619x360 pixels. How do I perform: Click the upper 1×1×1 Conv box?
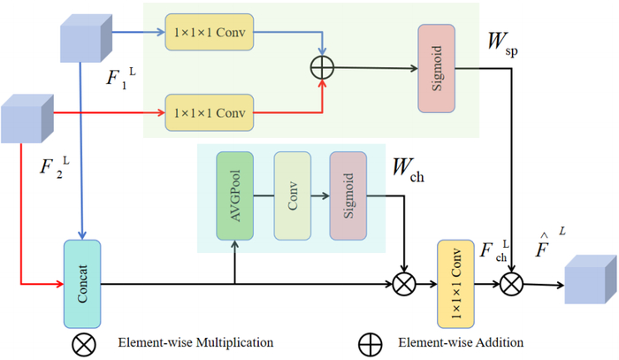click(x=210, y=32)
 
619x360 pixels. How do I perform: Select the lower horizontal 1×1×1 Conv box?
click(x=210, y=113)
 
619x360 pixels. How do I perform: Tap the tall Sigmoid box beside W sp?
click(x=437, y=68)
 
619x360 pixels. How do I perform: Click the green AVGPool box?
click(x=235, y=195)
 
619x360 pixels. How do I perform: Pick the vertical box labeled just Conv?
click(x=293, y=195)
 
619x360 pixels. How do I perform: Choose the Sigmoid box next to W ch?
click(x=348, y=195)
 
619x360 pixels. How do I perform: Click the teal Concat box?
click(x=82, y=284)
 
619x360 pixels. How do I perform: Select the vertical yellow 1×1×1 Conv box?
click(x=455, y=284)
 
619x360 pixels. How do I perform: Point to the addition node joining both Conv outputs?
click(x=322, y=67)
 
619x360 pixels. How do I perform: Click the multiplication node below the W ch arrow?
click(x=404, y=284)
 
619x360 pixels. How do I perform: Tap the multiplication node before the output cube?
click(x=512, y=284)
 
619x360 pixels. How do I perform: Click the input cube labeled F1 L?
click(x=86, y=38)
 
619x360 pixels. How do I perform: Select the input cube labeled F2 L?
click(x=27, y=119)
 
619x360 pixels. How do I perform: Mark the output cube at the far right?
click(x=591, y=280)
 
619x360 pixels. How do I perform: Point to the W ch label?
click(x=409, y=171)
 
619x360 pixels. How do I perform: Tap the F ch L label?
click(x=494, y=250)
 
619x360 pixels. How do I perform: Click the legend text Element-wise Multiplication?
click(x=195, y=342)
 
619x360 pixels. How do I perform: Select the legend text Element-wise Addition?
click(x=461, y=342)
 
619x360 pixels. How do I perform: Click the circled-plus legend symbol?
click(x=370, y=345)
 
